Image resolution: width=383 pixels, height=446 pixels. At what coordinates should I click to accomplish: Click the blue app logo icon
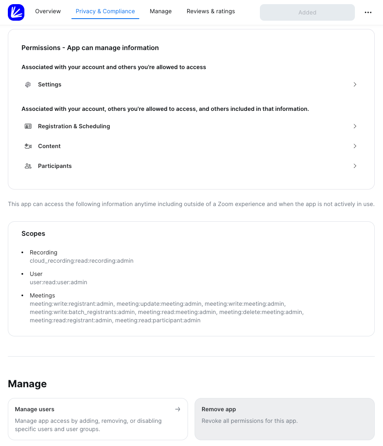[x=16, y=12]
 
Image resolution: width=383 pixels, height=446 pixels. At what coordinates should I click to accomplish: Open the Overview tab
[x=48, y=11]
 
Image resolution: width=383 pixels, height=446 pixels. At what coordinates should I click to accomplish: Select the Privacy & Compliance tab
[x=105, y=11]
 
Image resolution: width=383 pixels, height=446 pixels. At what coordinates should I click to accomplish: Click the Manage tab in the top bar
[x=161, y=11]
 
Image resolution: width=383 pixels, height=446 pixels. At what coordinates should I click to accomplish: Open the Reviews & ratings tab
[x=211, y=11]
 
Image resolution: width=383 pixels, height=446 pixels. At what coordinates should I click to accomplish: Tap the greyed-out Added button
[x=307, y=12]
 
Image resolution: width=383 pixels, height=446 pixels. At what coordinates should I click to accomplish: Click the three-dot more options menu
[x=368, y=12]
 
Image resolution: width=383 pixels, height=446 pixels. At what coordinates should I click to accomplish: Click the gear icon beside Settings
[x=28, y=84]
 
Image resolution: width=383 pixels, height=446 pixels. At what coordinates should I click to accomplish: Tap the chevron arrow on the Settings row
[x=355, y=84]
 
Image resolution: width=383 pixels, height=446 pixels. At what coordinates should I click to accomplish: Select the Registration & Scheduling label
[x=74, y=126]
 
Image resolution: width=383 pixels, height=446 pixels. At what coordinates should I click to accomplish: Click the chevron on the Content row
[x=355, y=146]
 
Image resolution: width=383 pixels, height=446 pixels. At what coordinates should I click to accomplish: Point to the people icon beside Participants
[x=28, y=166]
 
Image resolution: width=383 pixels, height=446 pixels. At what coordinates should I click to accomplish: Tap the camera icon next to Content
[x=28, y=146]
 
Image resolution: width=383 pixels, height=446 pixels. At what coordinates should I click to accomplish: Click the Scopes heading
[x=33, y=233]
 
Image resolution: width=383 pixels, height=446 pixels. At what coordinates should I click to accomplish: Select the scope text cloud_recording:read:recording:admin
[x=81, y=261]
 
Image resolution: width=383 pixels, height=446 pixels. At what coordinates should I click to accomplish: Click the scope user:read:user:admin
[x=58, y=282]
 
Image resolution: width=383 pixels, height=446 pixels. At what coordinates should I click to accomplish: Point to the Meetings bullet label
[x=42, y=295]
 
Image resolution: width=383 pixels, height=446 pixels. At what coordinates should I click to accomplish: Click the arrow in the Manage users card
[x=178, y=409]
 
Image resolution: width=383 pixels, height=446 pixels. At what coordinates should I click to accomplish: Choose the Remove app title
[x=219, y=409]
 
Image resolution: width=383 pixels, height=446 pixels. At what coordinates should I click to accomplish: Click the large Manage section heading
[x=27, y=384]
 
